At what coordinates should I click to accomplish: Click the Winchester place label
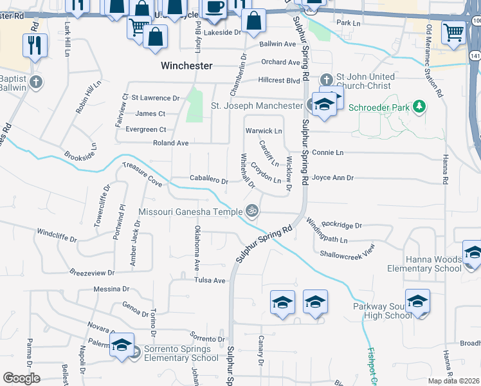[186, 66]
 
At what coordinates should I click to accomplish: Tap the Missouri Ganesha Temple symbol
[252, 210]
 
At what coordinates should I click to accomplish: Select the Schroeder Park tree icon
[419, 106]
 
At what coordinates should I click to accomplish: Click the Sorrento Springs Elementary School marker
[121, 345]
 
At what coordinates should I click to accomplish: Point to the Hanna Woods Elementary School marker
[473, 252]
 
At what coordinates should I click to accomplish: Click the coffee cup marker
[214, 8]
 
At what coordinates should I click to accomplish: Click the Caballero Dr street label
[209, 181]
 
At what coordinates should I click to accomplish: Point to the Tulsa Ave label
[211, 280]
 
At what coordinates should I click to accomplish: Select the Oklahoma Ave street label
[198, 248]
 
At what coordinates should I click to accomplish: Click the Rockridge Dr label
[342, 226]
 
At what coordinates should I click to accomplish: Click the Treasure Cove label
[142, 174]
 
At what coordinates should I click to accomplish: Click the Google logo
[21, 378]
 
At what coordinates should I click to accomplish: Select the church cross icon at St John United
[327, 80]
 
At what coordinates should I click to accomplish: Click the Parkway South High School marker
[418, 302]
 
